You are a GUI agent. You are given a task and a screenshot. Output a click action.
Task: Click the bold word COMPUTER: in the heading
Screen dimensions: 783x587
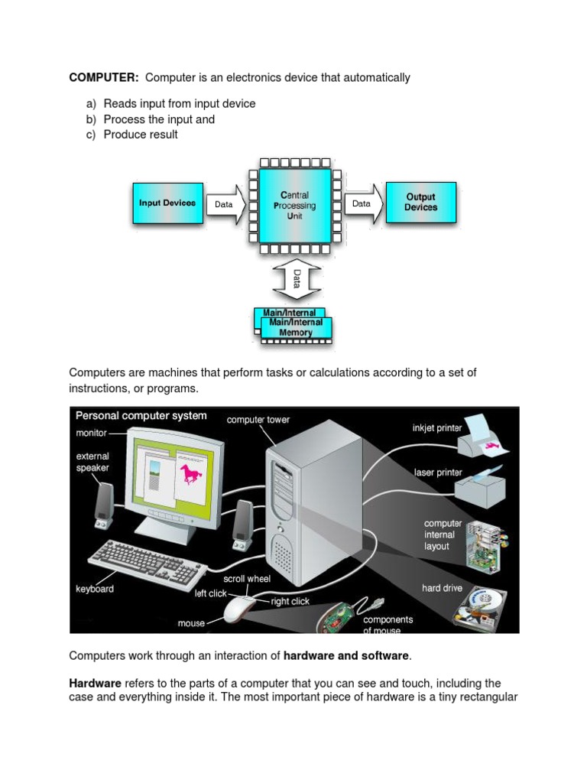click(x=104, y=77)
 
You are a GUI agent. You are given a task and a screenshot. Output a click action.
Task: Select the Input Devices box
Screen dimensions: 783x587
click(x=167, y=203)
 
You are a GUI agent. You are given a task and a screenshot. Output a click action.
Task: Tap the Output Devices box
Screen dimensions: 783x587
click(x=420, y=203)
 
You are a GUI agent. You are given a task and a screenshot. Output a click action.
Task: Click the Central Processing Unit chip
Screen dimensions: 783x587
click(x=294, y=206)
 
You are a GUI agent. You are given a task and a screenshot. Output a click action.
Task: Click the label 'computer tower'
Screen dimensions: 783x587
click(x=258, y=420)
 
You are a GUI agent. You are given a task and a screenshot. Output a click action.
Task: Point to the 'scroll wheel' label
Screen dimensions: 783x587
click(x=246, y=579)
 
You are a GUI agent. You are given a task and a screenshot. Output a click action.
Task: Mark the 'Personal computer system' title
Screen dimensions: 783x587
click(x=141, y=416)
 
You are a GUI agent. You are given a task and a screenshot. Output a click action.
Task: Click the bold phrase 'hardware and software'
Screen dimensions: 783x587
click(x=346, y=655)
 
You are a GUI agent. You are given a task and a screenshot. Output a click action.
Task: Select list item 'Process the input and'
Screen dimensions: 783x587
click(x=159, y=119)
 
